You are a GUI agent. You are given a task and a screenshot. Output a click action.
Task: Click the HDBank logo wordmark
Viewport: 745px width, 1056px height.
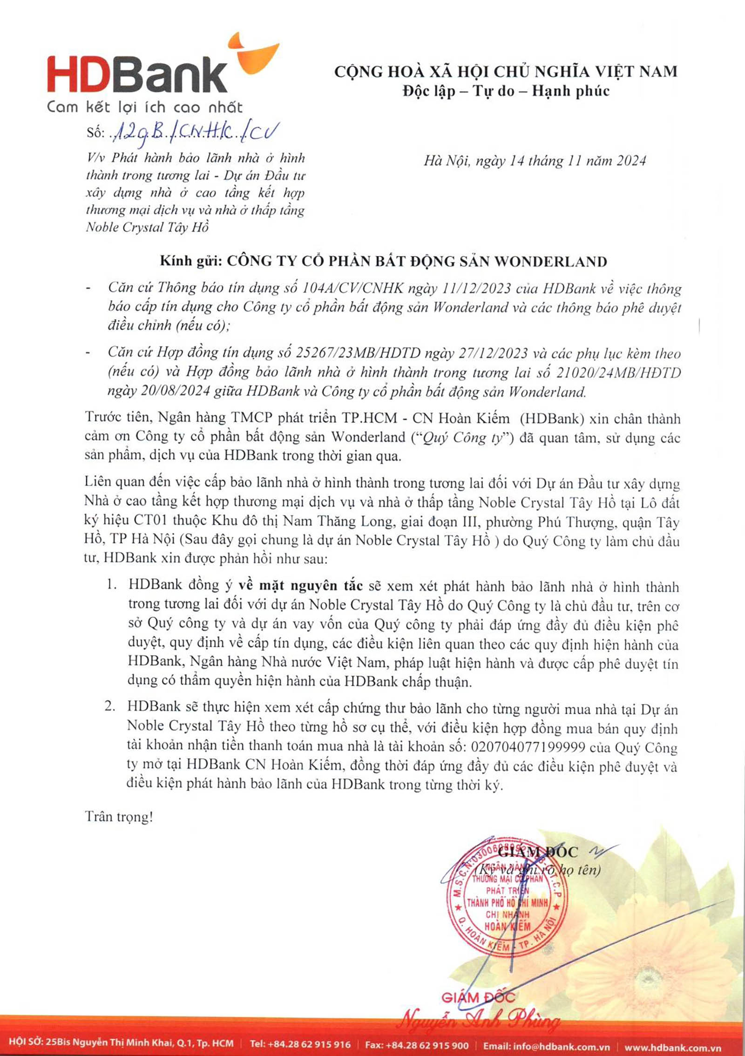click(x=137, y=74)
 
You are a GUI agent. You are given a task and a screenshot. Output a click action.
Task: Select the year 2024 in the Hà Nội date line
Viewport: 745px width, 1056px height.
click(x=631, y=161)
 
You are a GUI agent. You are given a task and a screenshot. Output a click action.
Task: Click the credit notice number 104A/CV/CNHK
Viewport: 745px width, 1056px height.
click(x=353, y=288)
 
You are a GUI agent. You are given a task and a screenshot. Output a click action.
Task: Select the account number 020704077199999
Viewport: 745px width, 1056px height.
click(x=528, y=747)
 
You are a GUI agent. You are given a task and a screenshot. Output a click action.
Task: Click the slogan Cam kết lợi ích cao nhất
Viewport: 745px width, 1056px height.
click(x=144, y=108)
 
